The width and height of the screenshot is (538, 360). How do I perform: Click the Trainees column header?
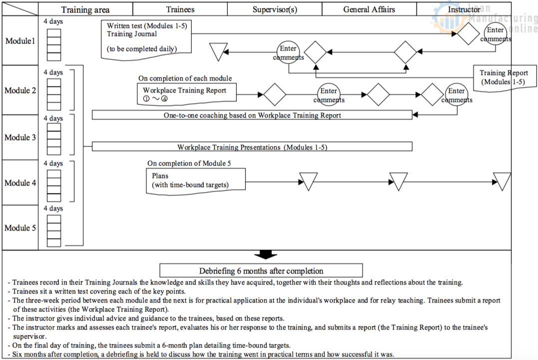pyautogui.click(x=180, y=9)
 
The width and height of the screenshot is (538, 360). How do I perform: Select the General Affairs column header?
pyautogui.click(x=370, y=9)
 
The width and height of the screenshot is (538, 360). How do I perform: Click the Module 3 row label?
pyautogui.click(x=20, y=137)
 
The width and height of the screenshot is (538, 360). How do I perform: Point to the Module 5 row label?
pyautogui.click(x=20, y=228)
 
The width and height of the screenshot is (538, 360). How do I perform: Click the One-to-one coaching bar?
pyautogui.click(x=252, y=115)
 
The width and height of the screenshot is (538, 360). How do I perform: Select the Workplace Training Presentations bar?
pyautogui.click(x=252, y=147)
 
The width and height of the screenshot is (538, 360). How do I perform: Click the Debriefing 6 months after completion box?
pyautogui.click(x=261, y=271)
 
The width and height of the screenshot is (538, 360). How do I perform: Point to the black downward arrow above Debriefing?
pyautogui.click(x=265, y=254)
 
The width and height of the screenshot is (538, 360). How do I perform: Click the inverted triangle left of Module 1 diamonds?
pyautogui.click(x=218, y=51)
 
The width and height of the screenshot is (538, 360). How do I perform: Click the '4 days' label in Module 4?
pyautogui.click(x=53, y=163)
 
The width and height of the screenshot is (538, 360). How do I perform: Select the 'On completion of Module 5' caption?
pyautogui.click(x=189, y=163)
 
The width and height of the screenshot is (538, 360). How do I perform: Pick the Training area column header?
pyautogui.click(x=85, y=9)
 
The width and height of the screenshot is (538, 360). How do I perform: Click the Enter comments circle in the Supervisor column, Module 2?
pyautogui.click(x=329, y=95)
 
